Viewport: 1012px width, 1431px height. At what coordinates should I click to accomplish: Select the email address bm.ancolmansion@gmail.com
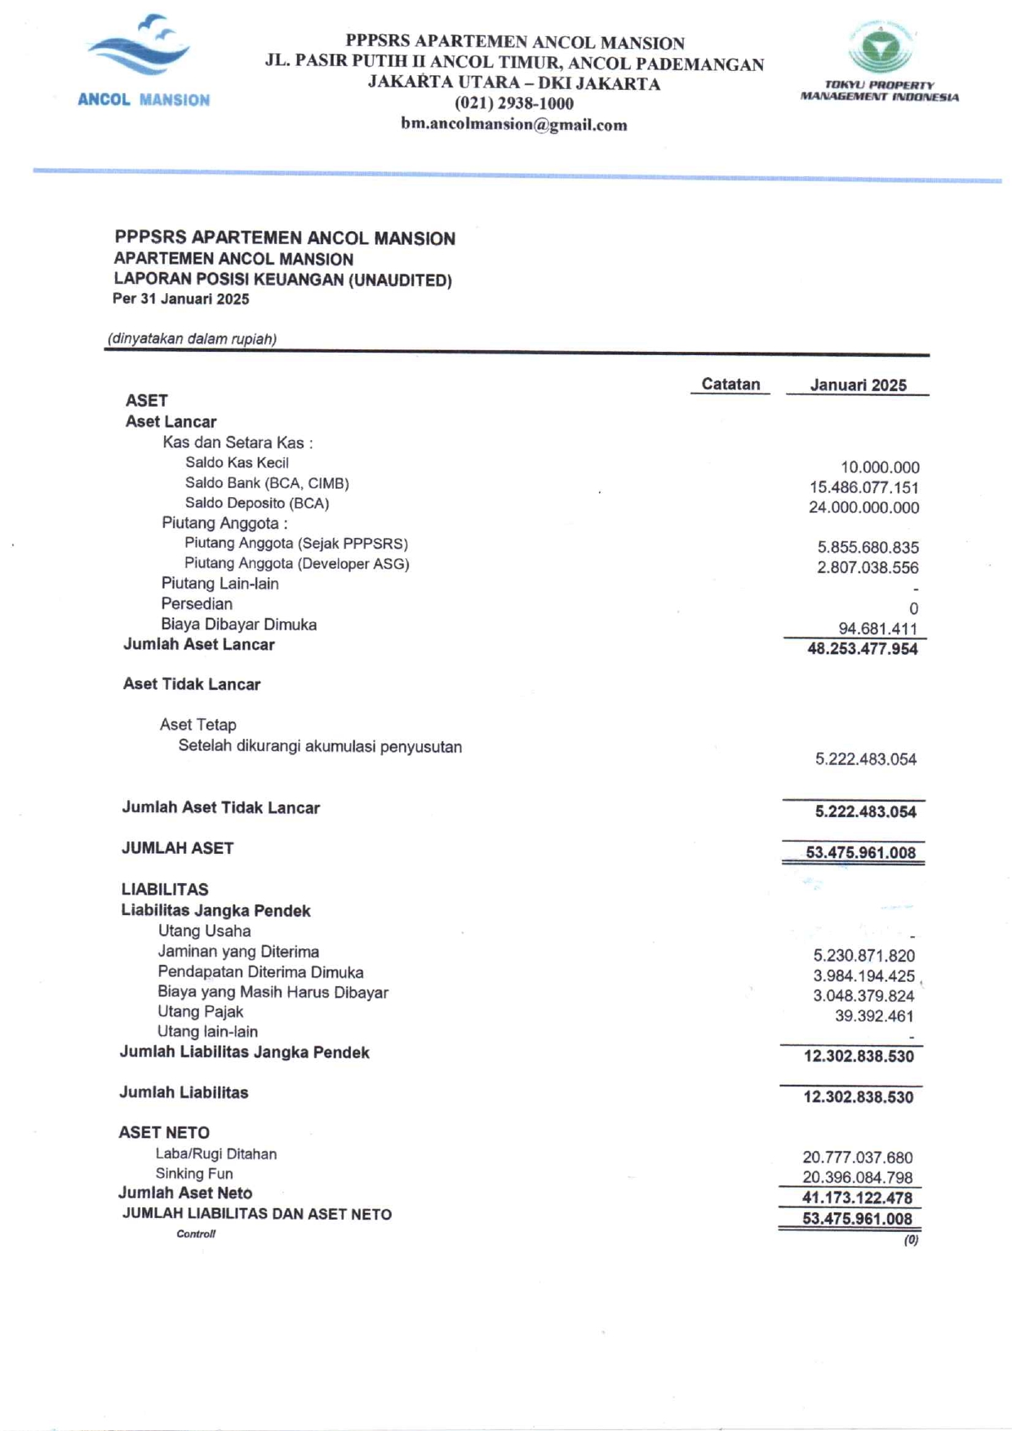[x=513, y=125]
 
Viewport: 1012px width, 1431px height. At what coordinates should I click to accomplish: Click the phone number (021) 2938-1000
[x=513, y=104]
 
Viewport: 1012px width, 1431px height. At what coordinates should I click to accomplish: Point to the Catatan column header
[x=730, y=384]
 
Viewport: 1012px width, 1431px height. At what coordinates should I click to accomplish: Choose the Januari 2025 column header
[x=858, y=385]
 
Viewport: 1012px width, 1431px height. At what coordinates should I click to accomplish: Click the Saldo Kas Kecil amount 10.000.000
[x=880, y=468]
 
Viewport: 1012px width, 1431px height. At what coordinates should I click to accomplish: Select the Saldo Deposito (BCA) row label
[x=257, y=504]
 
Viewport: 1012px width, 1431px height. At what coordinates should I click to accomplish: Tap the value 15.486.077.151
[x=863, y=488]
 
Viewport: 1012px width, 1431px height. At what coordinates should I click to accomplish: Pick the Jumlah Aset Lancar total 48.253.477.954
[x=862, y=650]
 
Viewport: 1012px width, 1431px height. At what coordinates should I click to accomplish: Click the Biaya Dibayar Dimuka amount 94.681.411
[x=877, y=629]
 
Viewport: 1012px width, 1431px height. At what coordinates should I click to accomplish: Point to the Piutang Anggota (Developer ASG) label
[x=296, y=564]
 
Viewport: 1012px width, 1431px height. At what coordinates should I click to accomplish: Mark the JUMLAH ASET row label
[x=177, y=848]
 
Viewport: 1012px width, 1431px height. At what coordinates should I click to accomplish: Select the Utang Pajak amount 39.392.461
[x=873, y=1016]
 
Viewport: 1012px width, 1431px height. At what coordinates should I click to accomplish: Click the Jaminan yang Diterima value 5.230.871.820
[x=863, y=956]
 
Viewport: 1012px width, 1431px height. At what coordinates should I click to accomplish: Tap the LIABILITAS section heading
[x=165, y=890]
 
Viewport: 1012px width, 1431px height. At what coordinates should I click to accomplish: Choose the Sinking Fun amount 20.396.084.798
[x=857, y=1178]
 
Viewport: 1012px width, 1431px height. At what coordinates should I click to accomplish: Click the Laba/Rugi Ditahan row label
[x=216, y=1154]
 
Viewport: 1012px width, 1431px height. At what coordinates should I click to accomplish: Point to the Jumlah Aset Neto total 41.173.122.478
[x=857, y=1198]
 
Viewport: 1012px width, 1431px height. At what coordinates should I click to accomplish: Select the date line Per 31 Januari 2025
[x=181, y=300]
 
